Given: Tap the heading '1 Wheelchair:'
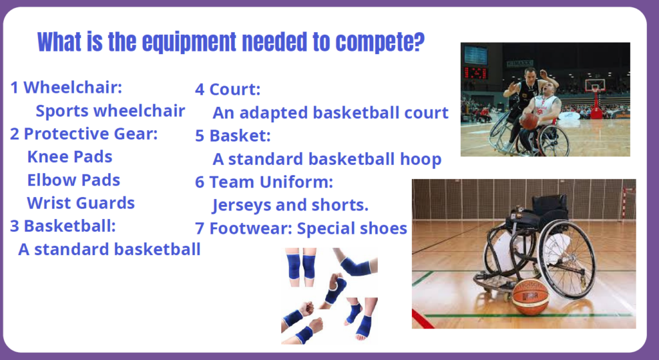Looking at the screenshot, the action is (66, 88).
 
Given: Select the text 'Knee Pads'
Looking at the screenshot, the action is (70, 156).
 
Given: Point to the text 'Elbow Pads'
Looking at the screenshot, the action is (73, 180).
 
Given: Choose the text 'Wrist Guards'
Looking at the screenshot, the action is (80, 203).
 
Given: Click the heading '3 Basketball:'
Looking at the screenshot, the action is (63, 226).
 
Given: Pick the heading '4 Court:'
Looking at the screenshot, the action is (228, 89).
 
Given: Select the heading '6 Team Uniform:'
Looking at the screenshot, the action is (264, 182).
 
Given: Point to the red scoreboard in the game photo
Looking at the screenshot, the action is (476, 73).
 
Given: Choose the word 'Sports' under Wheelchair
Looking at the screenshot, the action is (62, 111).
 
